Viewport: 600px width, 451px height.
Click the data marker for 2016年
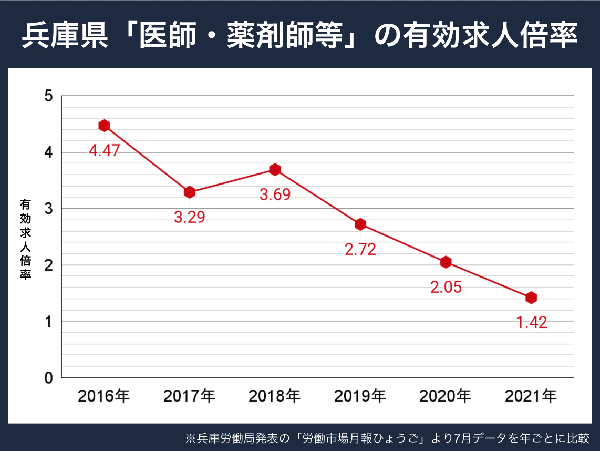pyautogui.click(x=104, y=126)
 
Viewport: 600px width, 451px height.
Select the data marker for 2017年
pyautogui.click(x=190, y=192)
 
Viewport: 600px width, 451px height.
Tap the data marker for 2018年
pyautogui.click(x=275, y=169)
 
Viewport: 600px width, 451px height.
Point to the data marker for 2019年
pyautogui.click(x=360, y=224)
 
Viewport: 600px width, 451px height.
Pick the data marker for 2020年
pyautogui.click(x=446, y=262)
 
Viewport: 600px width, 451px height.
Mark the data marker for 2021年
pyautogui.click(x=531, y=298)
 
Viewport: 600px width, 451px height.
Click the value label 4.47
pyautogui.click(x=104, y=151)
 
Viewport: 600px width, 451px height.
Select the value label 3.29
pyautogui.click(x=190, y=217)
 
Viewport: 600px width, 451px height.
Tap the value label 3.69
pyautogui.click(x=275, y=194)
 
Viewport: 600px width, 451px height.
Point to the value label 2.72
pyautogui.click(x=360, y=250)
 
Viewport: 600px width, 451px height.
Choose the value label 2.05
pyautogui.click(x=446, y=288)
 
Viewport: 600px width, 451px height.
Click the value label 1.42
pyautogui.click(x=531, y=323)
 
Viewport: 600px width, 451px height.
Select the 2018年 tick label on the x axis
pyautogui.click(x=275, y=396)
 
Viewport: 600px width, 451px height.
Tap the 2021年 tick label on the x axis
pyautogui.click(x=531, y=396)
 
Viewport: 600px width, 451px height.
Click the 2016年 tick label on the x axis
pyautogui.click(x=104, y=396)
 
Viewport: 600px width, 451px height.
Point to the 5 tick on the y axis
pyautogui.click(x=49, y=96)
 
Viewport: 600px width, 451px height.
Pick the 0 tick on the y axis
pyautogui.click(x=49, y=377)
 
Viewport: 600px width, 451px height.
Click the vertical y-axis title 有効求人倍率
pyautogui.click(x=25, y=239)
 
